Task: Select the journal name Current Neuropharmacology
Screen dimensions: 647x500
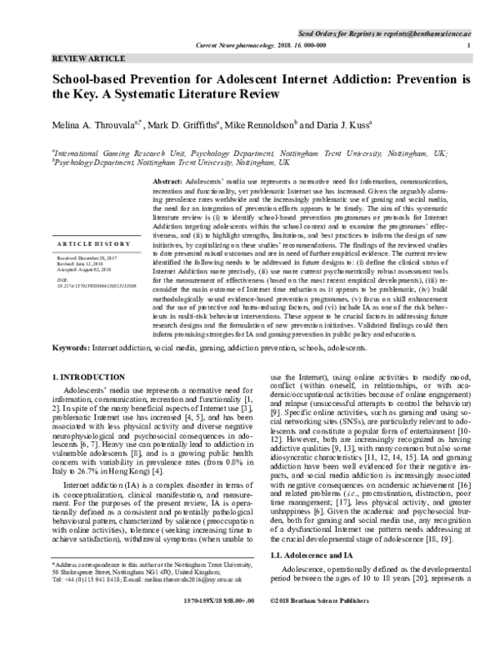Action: click(232, 44)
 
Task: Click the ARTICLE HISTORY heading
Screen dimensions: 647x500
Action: click(91, 243)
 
